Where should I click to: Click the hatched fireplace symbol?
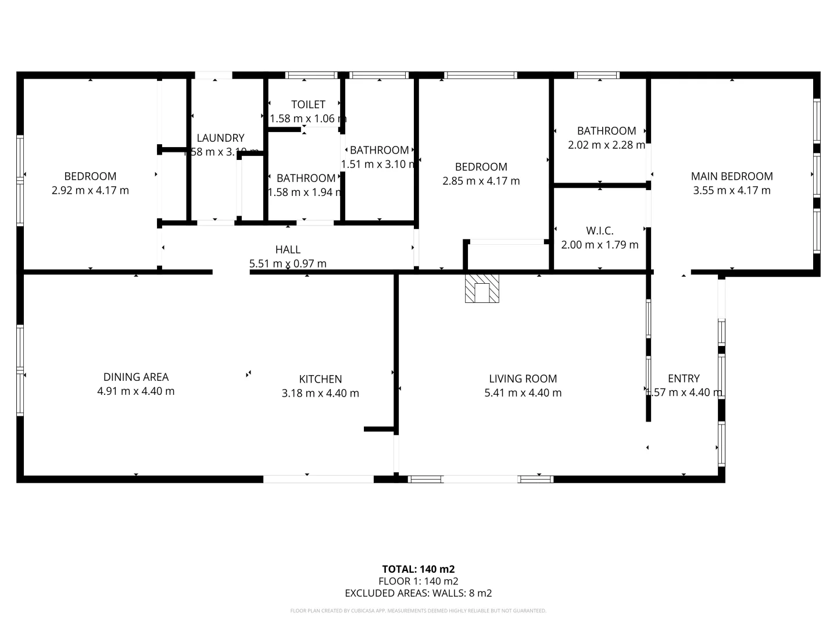click(482, 288)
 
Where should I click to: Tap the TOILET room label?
click(308, 105)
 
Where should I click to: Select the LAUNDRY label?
click(220, 138)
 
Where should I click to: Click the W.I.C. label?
click(600, 231)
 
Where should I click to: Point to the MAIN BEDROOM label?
click(732, 176)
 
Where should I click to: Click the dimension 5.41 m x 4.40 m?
click(523, 392)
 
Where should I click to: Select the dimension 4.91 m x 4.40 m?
click(136, 391)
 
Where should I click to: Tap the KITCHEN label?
click(320, 379)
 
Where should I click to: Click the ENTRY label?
click(684, 379)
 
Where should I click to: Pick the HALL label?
click(288, 249)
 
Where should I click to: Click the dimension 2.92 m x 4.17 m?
click(90, 190)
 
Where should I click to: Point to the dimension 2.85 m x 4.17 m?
click(481, 181)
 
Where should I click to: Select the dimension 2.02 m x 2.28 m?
click(606, 145)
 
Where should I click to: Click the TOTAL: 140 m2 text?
click(419, 569)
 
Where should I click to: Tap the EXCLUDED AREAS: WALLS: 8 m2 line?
click(419, 593)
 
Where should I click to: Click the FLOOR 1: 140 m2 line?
click(419, 581)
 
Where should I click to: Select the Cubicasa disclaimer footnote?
click(419, 611)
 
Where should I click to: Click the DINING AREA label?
click(136, 377)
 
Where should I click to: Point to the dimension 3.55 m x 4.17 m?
click(732, 190)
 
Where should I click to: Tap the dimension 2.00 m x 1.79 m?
click(600, 245)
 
